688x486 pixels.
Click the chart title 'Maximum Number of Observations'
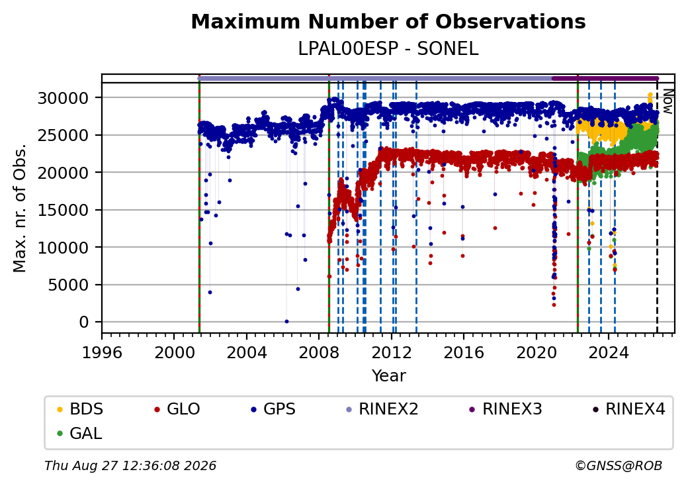pos(388,21)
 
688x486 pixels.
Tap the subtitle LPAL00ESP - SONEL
pos(388,49)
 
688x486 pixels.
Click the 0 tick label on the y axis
pos(84,322)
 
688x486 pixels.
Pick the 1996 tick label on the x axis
pos(102,352)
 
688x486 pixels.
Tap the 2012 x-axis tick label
pos(392,352)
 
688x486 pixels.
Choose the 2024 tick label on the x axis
pos(609,352)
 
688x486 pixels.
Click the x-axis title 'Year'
pos(389,376)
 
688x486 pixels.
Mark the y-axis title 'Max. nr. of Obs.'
pos(20,208)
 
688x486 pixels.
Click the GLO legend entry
pos(177,409)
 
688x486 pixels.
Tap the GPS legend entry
pos(273,409)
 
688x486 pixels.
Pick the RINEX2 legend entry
pos(382,409)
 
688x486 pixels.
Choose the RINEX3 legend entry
pos(506,409)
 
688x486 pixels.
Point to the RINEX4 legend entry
pos(629,409)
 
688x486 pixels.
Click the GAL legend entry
pos(79,433)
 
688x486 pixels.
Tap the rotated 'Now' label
pos(667,101)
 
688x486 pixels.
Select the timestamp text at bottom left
pos(130,465)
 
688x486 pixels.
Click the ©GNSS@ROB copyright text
pos(619,465)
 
